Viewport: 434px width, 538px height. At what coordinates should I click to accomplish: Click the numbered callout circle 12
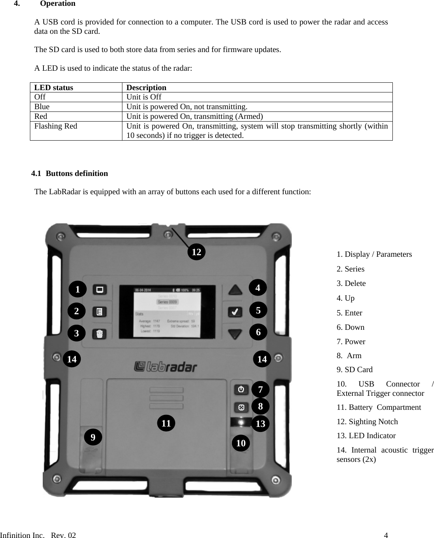tap(197, 252)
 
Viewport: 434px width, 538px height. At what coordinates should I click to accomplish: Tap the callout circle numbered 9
tap(93, 437)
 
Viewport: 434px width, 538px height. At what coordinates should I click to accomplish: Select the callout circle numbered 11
tap(166, 423)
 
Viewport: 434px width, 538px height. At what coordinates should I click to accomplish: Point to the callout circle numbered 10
tap(241, 443)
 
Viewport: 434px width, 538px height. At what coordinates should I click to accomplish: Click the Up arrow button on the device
tap(235, 289)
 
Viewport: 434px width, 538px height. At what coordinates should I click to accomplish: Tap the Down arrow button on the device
tap(235, 334)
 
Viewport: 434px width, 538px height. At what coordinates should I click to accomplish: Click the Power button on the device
tap(241, 389)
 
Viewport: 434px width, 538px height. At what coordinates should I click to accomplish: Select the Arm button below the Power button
tap(241, 407)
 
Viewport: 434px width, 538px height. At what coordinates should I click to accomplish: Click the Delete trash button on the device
tap(99, 334)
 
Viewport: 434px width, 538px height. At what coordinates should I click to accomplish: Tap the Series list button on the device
tap(99, 312)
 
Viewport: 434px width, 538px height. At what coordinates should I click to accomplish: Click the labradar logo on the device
tap(166, 366)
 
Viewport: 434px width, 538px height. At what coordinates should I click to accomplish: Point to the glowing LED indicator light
tap(241, 422)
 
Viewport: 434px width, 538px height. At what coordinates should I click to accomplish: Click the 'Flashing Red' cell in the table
tap(56, 126)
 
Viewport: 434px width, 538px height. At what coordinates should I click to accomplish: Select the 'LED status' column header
tap(54, 87)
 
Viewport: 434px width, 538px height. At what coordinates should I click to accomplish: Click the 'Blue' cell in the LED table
tap(42, 107)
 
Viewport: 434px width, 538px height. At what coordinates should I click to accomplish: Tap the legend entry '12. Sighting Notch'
tap(367, 421)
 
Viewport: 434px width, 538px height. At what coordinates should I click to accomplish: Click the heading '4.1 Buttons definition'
tap(70, 174)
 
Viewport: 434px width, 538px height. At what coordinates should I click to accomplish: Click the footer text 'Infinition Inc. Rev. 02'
tap(38, 535)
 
